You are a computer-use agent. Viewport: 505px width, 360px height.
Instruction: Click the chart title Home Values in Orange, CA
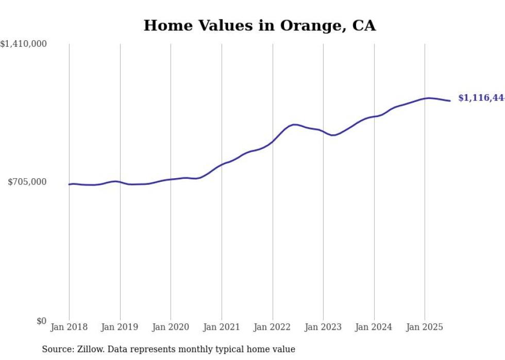pyautogui.click(x=259, y=25)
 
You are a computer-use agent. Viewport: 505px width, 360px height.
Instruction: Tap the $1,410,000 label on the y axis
pyautogui.click(x=24, y=44)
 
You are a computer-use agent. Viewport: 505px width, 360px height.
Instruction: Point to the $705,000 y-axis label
pyautogui.click(x=27, y=182)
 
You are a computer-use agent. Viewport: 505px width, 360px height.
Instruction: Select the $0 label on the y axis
pyautogui.click(x=41, y=321)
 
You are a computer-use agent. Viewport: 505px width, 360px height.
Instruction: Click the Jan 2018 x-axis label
pyautogui.click(x=69, y=327)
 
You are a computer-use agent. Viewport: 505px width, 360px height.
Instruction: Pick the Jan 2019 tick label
pyautogui.click(x=120, y=327)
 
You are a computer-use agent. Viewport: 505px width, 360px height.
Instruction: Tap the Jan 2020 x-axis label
pyautogui.click(x=171, y=327)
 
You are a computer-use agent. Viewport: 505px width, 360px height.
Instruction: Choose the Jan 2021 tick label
pyautogui.click(x=222, y=327)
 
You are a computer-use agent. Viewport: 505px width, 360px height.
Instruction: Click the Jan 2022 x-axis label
pyautogui.click(x=272, y=327)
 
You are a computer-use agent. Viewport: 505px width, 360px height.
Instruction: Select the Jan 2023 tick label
pyautogui.click(x=323, y=327)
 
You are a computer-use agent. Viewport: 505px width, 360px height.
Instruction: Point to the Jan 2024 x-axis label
pyautogui.click(x=374, y=327)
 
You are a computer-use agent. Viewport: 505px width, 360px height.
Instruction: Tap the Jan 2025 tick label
pyautogui.click(x=425, y=327)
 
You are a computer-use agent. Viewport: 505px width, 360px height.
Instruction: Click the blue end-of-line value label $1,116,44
pyautogui.click(x=481, y=98)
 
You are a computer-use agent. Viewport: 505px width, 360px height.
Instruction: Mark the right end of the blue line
pyautogui.click(x=450, y=100)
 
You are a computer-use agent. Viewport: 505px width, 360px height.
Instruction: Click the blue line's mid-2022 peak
pyautogui.click(x=294, y=124)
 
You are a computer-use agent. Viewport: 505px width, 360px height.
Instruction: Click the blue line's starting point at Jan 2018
pyautogui.click(x=70, y=184)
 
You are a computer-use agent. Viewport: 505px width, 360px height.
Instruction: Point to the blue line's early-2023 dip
pyautogui.click(x=333, y=135)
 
